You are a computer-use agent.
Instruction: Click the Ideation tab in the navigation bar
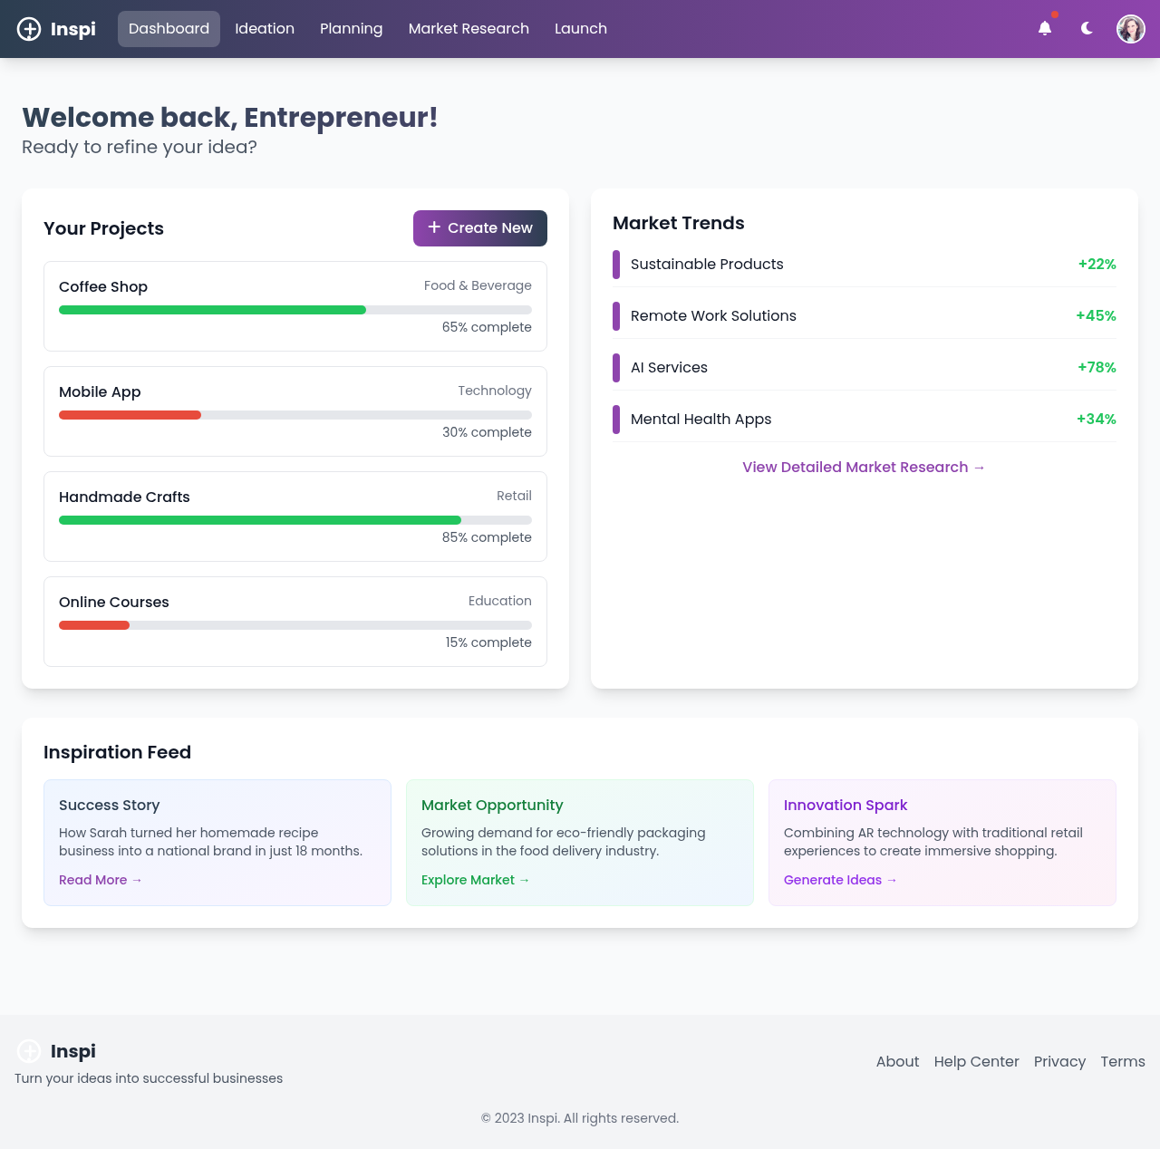[x=265, y=29]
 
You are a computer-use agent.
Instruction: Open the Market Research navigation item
[x=469, y=29]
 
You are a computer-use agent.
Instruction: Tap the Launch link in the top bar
[x=581, y=29]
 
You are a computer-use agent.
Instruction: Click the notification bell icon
[x=1045, y=29]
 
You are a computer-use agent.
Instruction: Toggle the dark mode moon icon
[x=1087, y=29]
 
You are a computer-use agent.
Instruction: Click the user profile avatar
[x=1130, y=29]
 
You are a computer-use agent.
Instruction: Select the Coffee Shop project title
[x=103, y=287]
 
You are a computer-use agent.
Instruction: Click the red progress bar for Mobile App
[x=130, y=415]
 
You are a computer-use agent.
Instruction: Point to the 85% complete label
[x=487, y=537]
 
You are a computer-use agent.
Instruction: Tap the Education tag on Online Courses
[x=499, y=601]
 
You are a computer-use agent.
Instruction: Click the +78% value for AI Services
[x=1097, y=368]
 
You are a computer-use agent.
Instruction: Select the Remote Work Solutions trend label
[x=713, y=316]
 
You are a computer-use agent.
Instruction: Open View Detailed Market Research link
[x=864, y=468]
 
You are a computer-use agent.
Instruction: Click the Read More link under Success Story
[x=100, y=880]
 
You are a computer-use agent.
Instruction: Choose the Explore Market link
[x=475, y=880]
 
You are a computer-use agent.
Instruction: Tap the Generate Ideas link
[x=840, y=880]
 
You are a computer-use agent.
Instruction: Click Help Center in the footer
[x=976, y=1062]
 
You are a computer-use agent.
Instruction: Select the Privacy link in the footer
[x=1059, y=1062]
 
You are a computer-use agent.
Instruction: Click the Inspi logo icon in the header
[x=29, y=29]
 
